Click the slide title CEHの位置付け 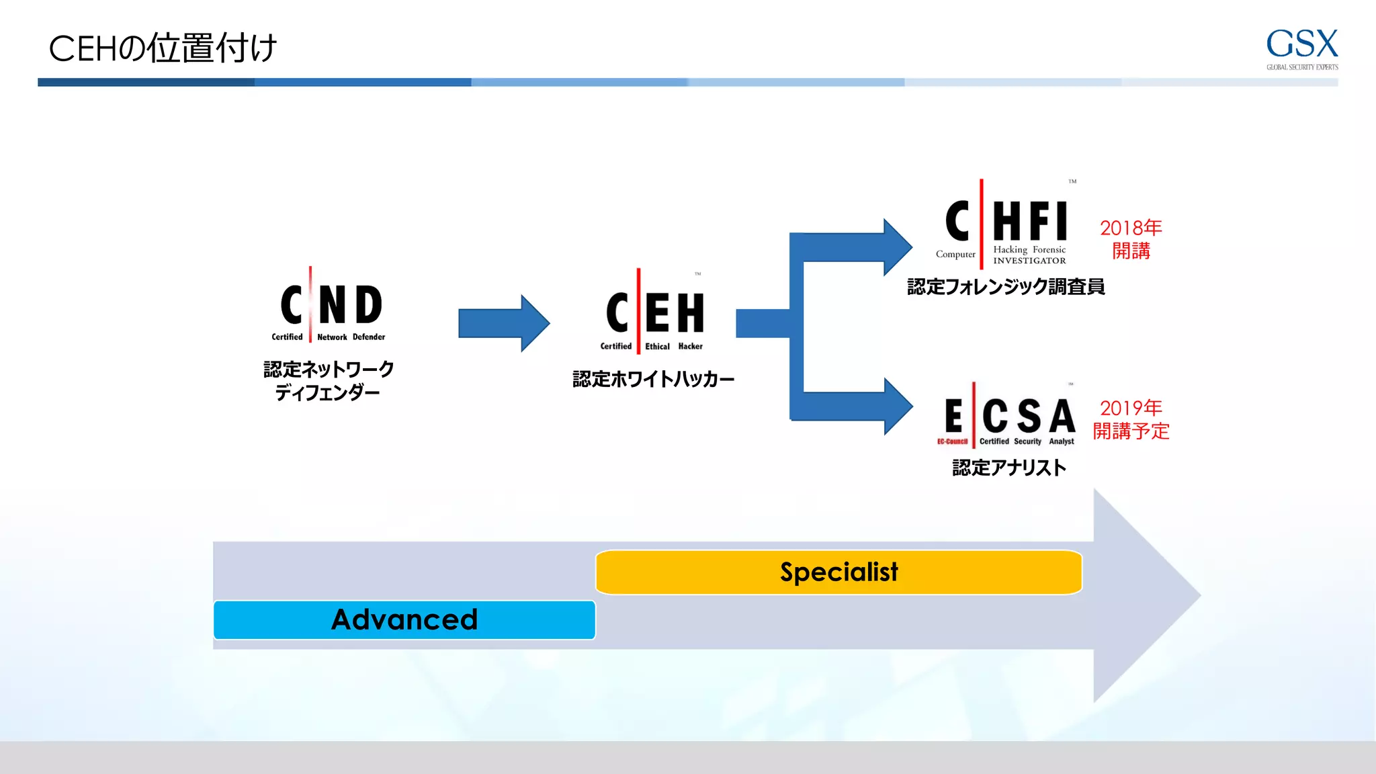pyautogui.click(x=163, y=48)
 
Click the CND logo pyautogui.click(x=330, y=306)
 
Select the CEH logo pyautogui.click(x=654, y=313)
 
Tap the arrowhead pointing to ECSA pyautogui.click(x=897, y=406)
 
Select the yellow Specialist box pyautogui.click(x=838, y=572)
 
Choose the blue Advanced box pyautogui.click(x=404, y=619)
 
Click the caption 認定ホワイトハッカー pyautogui.click(x=653, y=380)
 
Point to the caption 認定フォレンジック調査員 pyautogui.click(x=1006, y=287)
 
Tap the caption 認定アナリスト pyautogui.click(x=1008, y=468)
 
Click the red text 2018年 pyautogui.click(x=1131, y=228)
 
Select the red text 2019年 pyautogui.click(x=1131, y=408)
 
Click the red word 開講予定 pyautogui.click(x=1131, y=431)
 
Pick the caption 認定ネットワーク pyautogui.click(x=329, y=369)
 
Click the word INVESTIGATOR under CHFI pyautogui.click(x=1029, y=261)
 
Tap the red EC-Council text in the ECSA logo pyautogui.click(x=952, y=441)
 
